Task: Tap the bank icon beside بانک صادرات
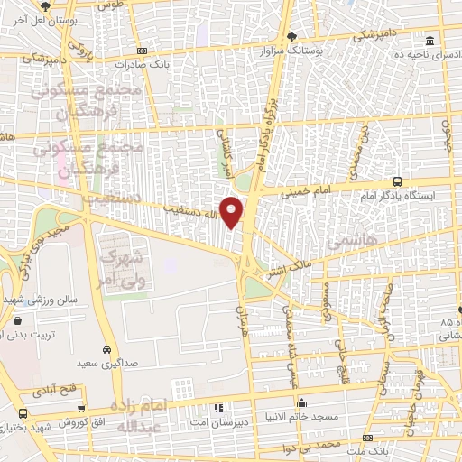(x=142, y=51)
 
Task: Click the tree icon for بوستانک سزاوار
(x=291, y=36)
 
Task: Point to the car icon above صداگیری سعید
(x=107, y=349)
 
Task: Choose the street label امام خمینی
(x=305, y=193)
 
